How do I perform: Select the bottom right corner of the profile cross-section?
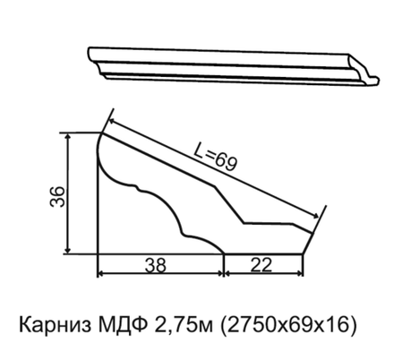coord(303,253)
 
